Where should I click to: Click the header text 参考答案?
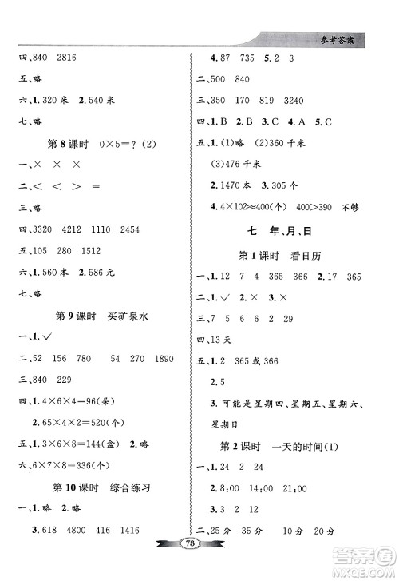click(x=351, y=37)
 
